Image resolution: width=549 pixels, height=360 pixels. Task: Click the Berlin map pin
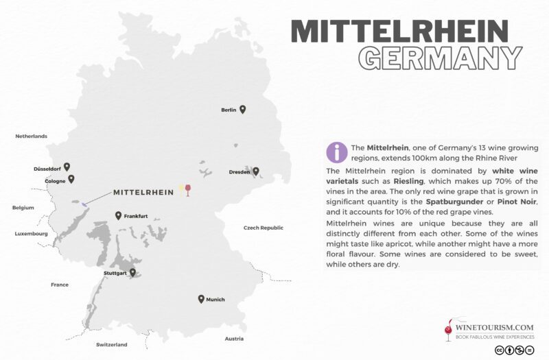[x=242, y=109]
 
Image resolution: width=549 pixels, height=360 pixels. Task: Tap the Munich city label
[x=215, y=300]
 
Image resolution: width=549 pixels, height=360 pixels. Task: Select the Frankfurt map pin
[x=119, y=216]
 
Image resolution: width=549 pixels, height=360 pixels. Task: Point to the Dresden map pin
[x=256, y=171]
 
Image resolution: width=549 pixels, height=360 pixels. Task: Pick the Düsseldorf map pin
[x=67, y=166]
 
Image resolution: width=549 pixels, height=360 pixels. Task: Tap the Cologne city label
[x=55, y=180]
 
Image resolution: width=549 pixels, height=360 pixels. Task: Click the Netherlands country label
[x=31, y=136]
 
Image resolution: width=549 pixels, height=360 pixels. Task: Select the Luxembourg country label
[x=31, y=234]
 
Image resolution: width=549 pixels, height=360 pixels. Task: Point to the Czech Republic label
[x=264, y=227]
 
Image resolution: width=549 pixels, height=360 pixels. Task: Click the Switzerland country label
[x=112, y=344]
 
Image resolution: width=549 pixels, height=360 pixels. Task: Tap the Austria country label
[x=235, y=339]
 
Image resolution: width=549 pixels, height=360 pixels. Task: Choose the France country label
[x=60, y=284]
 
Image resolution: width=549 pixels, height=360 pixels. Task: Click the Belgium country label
[x=23, y=207]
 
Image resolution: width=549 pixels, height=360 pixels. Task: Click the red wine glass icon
[x=189, y=191]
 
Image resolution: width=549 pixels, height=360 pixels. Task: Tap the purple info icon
[x=336, y=152]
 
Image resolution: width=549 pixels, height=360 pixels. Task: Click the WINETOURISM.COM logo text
[x=494, y=328]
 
